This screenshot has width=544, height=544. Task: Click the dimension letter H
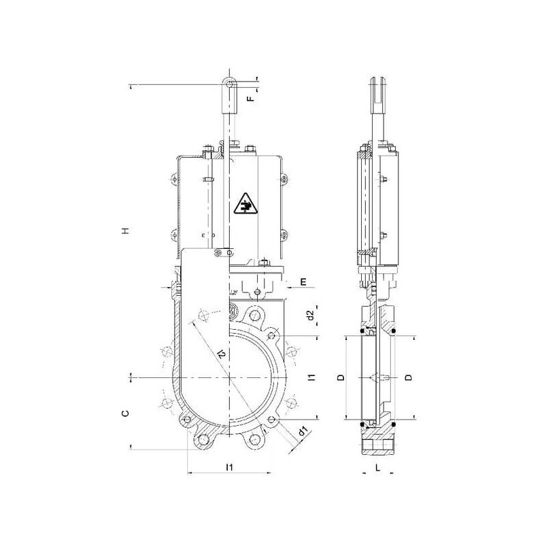point(126,231)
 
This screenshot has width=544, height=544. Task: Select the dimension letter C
point(126,413)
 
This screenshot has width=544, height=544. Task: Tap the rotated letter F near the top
point(250,99)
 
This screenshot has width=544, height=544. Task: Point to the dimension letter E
point(303,282)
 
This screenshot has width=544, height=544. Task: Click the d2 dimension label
point(311,315)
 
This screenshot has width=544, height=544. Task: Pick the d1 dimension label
point(303,432)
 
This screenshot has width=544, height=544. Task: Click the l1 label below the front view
point(229,467)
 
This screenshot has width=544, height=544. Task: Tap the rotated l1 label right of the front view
point(312,377)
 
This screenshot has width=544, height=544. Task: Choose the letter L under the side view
point(378,468)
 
